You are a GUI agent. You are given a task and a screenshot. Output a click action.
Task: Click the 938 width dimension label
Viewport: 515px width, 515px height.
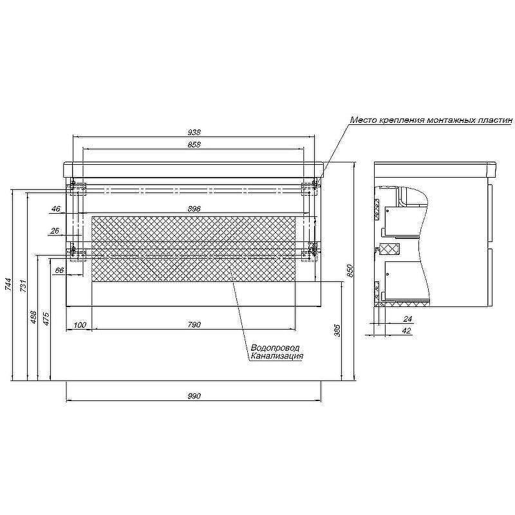(x=194, y=132)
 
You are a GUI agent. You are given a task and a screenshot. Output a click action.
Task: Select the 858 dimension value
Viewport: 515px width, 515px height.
(x=194, y=144)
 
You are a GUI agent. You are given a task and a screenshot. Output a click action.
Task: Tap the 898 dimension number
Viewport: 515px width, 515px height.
(x=194, y=209)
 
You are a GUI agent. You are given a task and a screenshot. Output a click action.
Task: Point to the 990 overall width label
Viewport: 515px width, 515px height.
(x=194, y=396)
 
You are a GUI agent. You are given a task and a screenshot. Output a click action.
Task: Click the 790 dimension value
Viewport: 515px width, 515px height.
(x=194, y=325)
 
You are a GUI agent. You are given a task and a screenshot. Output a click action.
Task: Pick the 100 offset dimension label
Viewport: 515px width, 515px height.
(x=80, y=325)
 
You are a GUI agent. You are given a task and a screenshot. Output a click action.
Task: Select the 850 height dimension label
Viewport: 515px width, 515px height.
(x=350, y=270)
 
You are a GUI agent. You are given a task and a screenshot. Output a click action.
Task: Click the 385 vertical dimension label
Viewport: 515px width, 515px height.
(x=337, y=330)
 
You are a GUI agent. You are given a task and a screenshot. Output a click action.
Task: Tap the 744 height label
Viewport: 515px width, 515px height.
(x=8, y=285)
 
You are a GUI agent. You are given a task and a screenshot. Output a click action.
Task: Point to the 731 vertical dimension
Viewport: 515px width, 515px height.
(x=23, y=286)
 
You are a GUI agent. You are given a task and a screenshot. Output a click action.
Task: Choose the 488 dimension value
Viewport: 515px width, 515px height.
(x=33, y=317)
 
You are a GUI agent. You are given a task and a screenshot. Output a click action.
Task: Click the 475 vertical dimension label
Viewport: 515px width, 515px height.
(x=46, y=319)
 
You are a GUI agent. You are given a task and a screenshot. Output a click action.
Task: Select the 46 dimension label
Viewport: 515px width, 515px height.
(x=56, y=209)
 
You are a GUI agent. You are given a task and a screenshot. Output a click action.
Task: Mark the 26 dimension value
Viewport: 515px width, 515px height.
(x=55, y=231)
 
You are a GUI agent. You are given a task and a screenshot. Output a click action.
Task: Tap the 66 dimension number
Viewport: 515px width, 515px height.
(x=59, y=270)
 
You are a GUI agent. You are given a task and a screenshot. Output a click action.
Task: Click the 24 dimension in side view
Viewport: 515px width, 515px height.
(x=407, y=319)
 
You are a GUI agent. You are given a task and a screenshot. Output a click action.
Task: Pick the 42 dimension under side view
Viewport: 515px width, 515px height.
(x=407, y=331)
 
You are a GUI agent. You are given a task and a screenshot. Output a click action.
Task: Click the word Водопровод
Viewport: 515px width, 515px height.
(x=276, y=348)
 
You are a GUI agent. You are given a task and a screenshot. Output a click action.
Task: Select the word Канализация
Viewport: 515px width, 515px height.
(x=277, y=356)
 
